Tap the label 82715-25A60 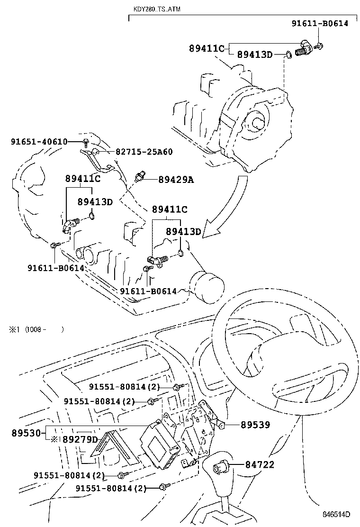pyautogui.click(x=144, y=152)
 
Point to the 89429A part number pyautogui.click(x=176, y=180)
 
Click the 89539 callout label pyautogui.click(x=255, y=425)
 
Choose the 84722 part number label pyautogui.click(x=260, y=465)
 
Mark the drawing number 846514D pyautogui.click(x=336, y=514)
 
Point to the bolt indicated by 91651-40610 pyautogui.click(x=86, y=142)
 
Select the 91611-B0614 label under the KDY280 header pyautogui.click(x=319, y=23)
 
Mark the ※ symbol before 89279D pyautogui.click(x=54, y=440)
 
